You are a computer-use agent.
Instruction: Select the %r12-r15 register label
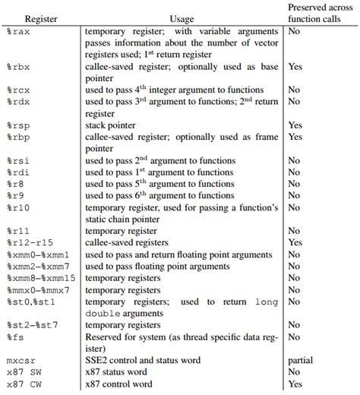pos(28,241)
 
